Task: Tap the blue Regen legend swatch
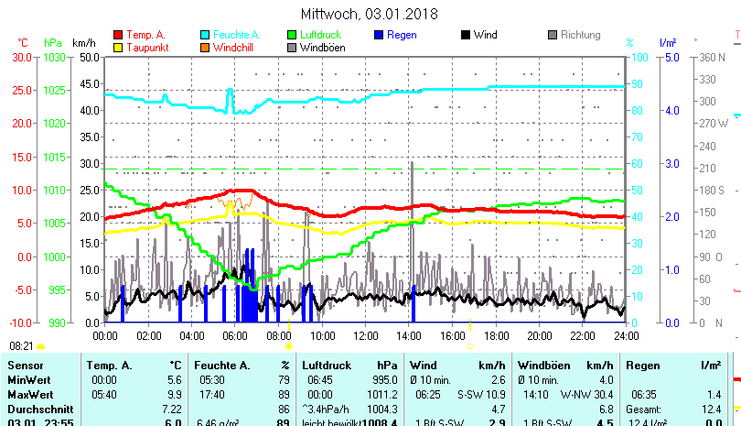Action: (379, 35)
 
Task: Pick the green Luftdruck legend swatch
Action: (292, 35)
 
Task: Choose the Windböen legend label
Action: (323, 48)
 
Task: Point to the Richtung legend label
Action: (580, 35)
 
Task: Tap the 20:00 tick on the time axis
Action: (538, 335)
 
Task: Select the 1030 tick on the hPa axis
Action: (55, 57)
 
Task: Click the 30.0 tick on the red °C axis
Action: (21, 57)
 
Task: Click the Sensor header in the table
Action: (26, 366)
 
